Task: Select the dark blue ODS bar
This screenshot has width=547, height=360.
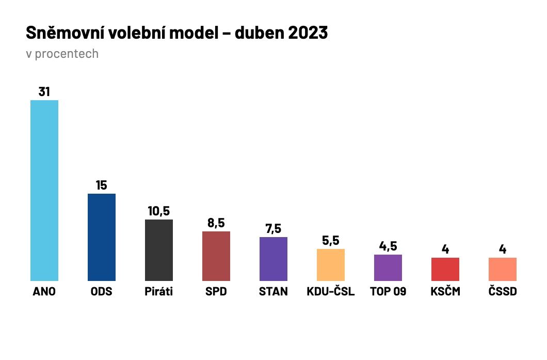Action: [x=102, y=237]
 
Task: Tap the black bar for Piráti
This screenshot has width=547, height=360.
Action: [x=159, y=250]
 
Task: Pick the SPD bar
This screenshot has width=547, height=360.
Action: [x=216, y=256]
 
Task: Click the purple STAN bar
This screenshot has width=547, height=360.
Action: [x=273, y=259]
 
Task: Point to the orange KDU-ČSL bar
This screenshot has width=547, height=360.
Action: [x=330, y=265]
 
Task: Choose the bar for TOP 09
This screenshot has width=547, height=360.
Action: [x=388, y=268]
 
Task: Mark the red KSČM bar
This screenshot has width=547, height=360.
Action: [x=445, y=269]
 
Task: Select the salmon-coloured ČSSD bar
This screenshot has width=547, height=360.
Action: [x=502, y=269]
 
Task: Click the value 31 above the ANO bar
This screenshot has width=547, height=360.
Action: [x=44, y=91]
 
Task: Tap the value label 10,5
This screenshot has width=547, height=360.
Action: [x=159, y=211]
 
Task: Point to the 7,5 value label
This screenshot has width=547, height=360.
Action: [x=273, y=229]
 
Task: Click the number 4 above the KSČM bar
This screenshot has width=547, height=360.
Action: [x=445, y=249]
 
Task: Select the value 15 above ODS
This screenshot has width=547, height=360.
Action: [x=102, y=185]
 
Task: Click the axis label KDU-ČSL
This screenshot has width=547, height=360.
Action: [x=330, y=292]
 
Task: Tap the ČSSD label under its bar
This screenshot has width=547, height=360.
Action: [x=502, y=292]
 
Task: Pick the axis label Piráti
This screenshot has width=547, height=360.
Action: [x=159, y=292]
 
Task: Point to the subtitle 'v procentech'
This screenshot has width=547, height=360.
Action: [x=62, y=54]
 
